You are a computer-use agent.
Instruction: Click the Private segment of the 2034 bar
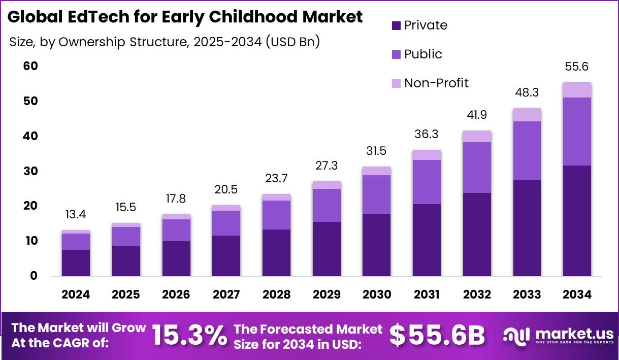click(577, 220)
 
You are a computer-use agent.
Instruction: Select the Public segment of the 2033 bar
click(527, 151)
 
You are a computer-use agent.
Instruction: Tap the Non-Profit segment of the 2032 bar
click(477, 136)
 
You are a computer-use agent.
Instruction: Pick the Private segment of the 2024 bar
click(76, 263)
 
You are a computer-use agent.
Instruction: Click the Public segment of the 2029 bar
click(326, 205)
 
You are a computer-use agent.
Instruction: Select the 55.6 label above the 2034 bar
click(577, 67)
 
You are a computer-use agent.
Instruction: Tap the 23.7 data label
click(276, 179)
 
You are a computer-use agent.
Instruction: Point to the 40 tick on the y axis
click(31, 136)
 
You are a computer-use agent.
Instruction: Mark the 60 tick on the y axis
click(31, 67)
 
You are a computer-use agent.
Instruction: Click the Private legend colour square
click(396, 25)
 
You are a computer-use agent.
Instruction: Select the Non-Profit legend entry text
click(436, 83)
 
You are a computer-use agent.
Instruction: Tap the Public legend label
click(423, 54)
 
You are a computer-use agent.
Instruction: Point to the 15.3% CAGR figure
click(189, 335)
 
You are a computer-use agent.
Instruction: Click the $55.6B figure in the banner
click(437, 335)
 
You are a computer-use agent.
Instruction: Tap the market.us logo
click(559, 335)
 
